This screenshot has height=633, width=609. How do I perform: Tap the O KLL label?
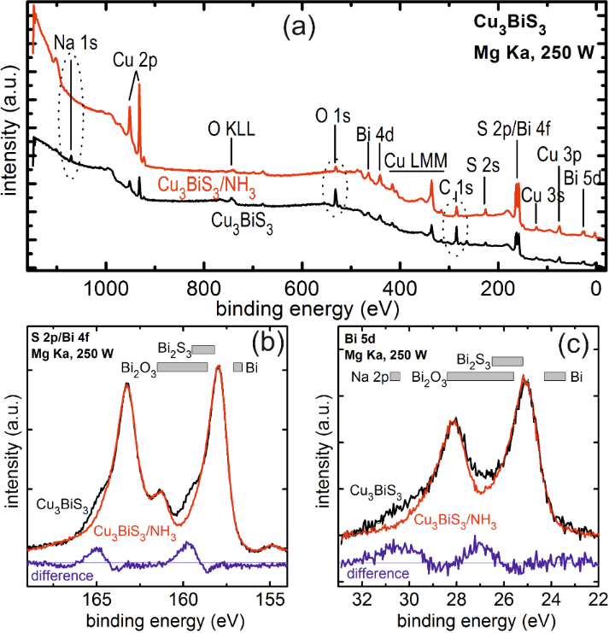pyautogui.click(x=232, y=130)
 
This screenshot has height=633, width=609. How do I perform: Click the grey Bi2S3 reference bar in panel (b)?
pyautogui.click(x=203, y=349)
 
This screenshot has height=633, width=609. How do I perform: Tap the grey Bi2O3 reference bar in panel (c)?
pyautogui.click(x=480, y=376)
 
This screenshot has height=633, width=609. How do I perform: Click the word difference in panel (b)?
pyautogui.click(x=61, y=575)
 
